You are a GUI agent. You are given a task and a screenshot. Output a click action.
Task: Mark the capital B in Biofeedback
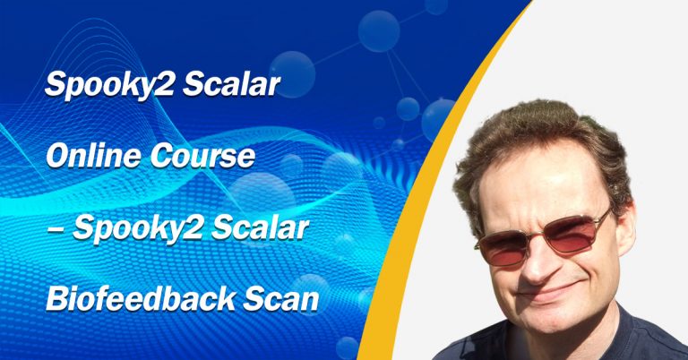click(x=55, y=301)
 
